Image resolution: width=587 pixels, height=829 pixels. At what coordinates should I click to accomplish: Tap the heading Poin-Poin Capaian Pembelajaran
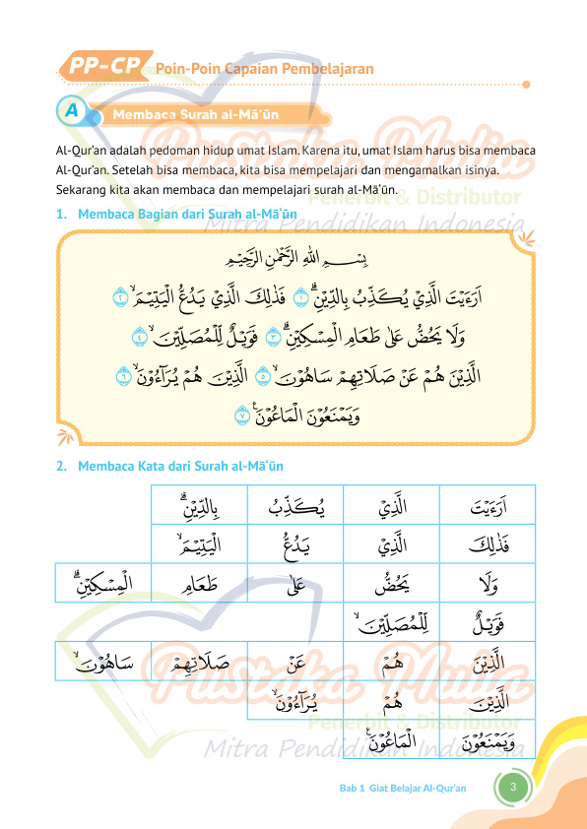click(x=264, y=69)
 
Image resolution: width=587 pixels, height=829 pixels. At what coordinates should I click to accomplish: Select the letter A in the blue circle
click(x=72, y=111)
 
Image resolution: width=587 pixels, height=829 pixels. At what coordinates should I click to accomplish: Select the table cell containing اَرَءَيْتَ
click(x=487, y=507)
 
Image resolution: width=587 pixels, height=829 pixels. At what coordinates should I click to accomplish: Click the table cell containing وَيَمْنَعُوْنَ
click(x=487, y=738)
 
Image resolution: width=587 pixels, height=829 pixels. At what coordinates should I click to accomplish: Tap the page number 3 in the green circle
click(x=513, y=787)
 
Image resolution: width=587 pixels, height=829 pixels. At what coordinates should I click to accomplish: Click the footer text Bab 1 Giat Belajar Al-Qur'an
click(x=402, y=788)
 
